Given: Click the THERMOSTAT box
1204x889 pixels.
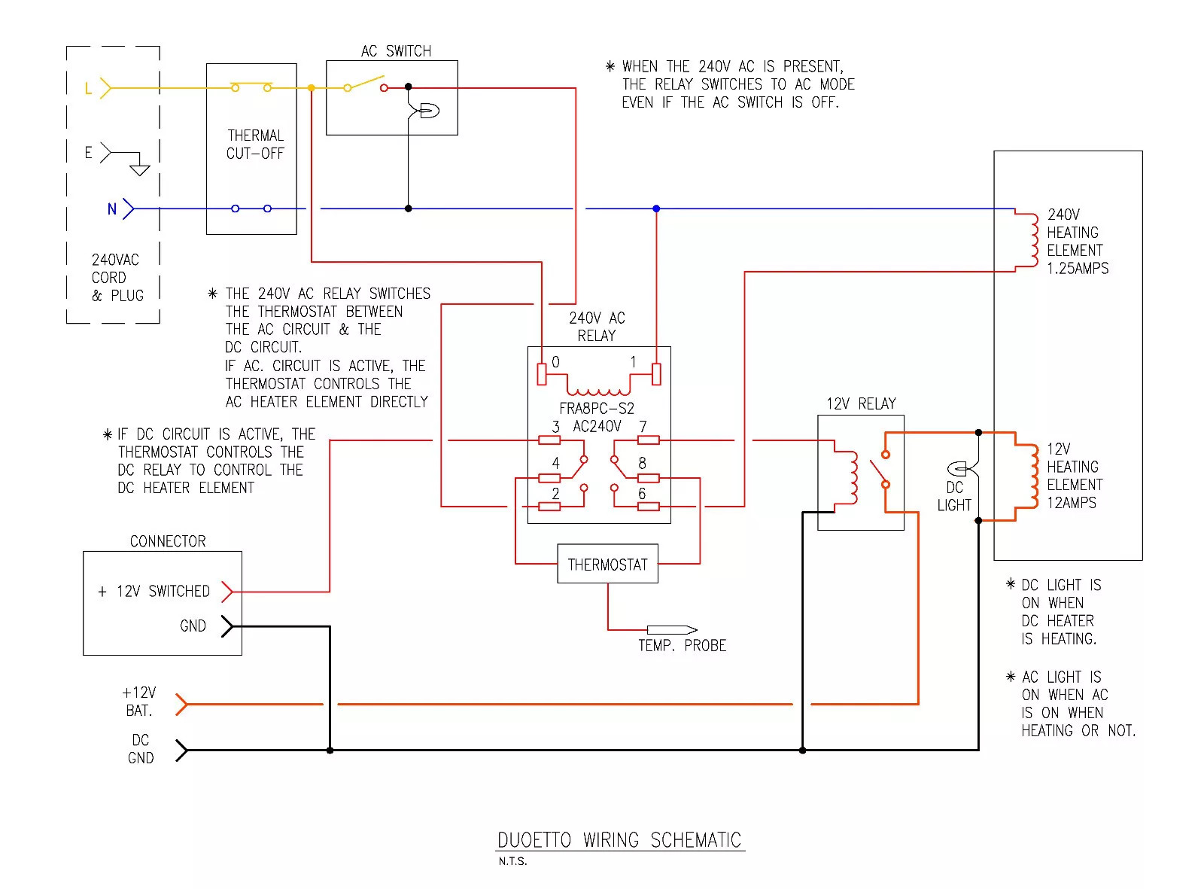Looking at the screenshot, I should coord(607,564).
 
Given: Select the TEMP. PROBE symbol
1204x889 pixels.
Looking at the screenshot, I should coord(671,629).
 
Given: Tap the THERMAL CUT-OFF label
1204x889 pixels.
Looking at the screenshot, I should coord(255,145).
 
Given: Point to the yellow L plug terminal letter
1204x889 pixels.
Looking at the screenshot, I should coord(88,89).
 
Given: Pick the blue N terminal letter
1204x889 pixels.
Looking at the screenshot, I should coord(111,209).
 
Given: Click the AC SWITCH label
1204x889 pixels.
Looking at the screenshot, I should coord(396,51).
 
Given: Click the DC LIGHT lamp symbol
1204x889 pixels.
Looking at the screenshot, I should coord(958,468).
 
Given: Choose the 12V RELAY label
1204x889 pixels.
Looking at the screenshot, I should coord(861,404).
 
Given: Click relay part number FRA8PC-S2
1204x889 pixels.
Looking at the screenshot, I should coord(597,409).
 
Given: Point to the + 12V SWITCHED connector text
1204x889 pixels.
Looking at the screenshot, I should coord(154,592).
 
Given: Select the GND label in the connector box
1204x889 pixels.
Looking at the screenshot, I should coord(193,626).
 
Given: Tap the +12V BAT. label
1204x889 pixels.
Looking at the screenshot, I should coord(138,702).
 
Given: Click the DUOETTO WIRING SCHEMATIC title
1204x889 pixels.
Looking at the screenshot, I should coord(619,840).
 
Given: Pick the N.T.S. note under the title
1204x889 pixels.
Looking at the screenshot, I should coord(512,861).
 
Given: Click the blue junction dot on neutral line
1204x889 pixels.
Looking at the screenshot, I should coord(656,209).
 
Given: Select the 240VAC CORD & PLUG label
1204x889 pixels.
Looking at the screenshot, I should coord(117,278).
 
